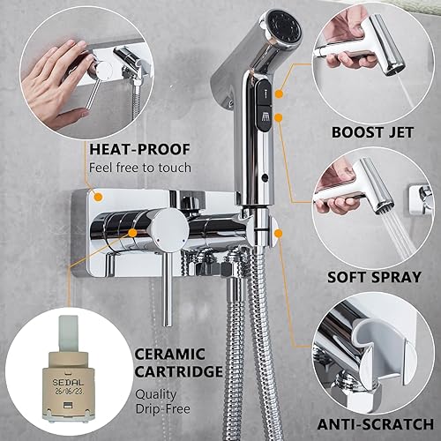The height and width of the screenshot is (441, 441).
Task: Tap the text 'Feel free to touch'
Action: (x=139, y=168)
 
